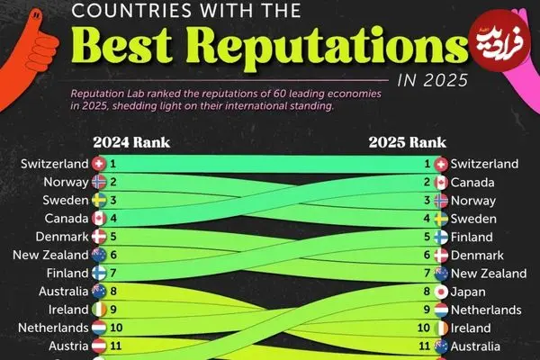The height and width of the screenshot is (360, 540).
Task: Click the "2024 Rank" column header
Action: (x=130, y=142)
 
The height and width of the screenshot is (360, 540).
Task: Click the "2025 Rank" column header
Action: (x=408, y=142)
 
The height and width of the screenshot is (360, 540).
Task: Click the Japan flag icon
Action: (x=441, y=292)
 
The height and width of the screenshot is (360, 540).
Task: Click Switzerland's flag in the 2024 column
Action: (x=99, y=164)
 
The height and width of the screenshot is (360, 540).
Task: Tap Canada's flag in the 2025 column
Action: (x=441, y=183)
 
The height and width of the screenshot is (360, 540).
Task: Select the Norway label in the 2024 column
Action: (x=67, y=182)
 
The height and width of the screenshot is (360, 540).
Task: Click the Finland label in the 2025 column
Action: (x=472, y=238)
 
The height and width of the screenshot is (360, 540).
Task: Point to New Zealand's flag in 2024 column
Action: (x=99, y=255)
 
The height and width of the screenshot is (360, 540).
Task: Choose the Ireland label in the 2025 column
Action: (x=471, y=328)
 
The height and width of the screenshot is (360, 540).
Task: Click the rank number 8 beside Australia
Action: (x=113, y=292)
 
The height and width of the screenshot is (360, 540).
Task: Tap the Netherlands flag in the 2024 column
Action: (x=99, y=328)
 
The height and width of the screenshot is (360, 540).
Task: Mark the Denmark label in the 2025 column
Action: (x=477, y=256)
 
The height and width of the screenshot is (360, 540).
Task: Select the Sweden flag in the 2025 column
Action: (x=441, y=219)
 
